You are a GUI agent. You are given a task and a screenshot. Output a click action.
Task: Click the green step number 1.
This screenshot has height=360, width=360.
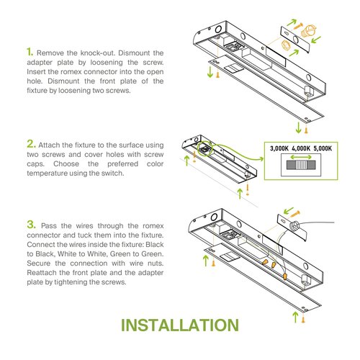30,52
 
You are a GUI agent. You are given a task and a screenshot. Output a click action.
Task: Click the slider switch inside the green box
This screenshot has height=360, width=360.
302,165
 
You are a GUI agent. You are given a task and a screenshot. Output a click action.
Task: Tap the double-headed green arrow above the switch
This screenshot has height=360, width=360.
302,156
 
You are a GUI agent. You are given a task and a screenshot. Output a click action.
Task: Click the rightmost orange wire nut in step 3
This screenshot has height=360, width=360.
286,275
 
